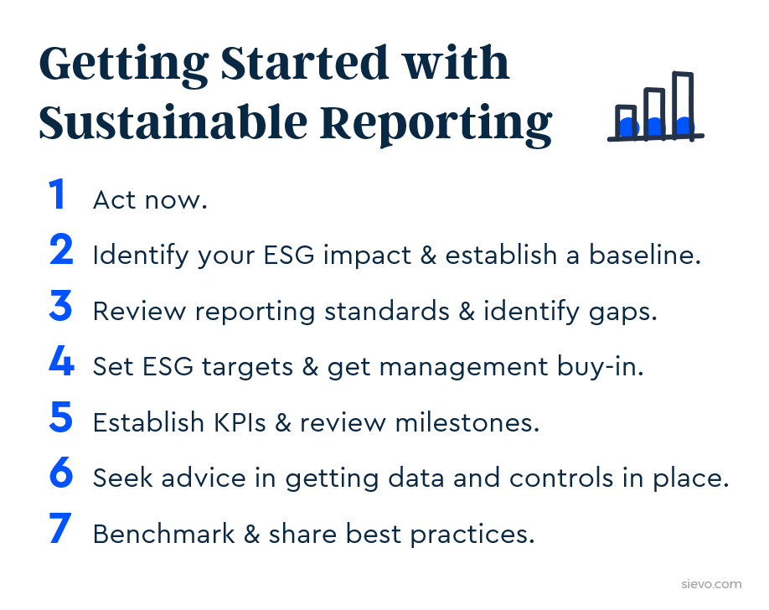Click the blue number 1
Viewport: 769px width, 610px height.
(x=57, y=194)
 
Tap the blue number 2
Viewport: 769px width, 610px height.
(x=61, y=250)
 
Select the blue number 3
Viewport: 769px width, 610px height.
(x=61, y=306)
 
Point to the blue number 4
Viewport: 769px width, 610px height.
(x=62, y=361)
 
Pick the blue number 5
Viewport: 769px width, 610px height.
(x=61, y=417)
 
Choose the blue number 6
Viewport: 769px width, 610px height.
(x=61, y=473)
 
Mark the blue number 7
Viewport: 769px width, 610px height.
(x=60, y=529)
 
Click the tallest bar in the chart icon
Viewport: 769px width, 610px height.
(x=683, y=106)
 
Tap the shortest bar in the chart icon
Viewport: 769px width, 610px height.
(x=627, y=122)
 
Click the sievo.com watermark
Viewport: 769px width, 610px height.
(x=711, y=584)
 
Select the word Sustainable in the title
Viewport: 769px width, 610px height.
(x=173, y=122)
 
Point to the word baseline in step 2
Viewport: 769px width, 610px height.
(x=645, y=255)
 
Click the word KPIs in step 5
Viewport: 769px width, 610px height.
(x=240, y=422)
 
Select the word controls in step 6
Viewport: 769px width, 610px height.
(x=561, y=478)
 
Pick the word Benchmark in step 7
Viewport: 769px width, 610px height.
(x=164, y=534)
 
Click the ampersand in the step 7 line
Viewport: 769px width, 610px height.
(x=251, y=534)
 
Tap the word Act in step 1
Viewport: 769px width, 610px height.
(x=114, y=199)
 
